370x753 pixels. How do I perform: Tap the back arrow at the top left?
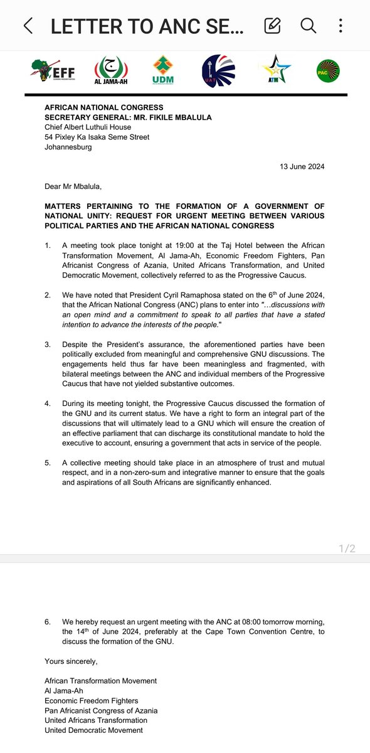pyautogui.click(x=28, y=26)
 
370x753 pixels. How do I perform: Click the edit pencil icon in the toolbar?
pyautogui.click(x=272, y=26)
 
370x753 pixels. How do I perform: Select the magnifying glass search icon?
pyautogui.click(x=308, y=26)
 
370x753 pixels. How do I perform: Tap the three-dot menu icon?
pyautogui.click(x=341, y=26)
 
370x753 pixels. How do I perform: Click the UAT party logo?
pyautogui.click(x=217, y=70)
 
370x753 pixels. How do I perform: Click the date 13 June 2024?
pyautogui.click(x=302, y=166)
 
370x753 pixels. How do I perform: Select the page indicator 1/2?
pyautogui.click(x=346, y=548)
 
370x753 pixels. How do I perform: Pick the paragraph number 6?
pyautogui.click(x=48, y=622)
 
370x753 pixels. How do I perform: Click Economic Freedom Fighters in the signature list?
pyautogui.click(x=92, y=700)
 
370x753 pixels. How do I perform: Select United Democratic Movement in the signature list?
pyautogui.click(x=93, y=730)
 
